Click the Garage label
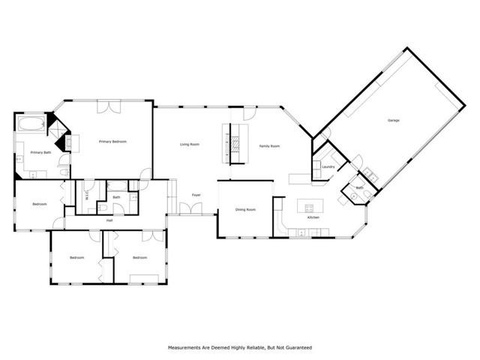point(393,120)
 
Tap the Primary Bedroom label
point(113,142)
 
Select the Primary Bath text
point(40,152)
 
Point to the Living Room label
point(189,144)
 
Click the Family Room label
point(269,146)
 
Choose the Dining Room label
point(245,209)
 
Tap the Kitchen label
point(313,217)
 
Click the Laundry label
point(328,166)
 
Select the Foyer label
point(196,195)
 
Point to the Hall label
point(109,220)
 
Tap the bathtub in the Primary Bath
point(31,121)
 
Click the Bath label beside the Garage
point(359,187)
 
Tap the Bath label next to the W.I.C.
point(116,197)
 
